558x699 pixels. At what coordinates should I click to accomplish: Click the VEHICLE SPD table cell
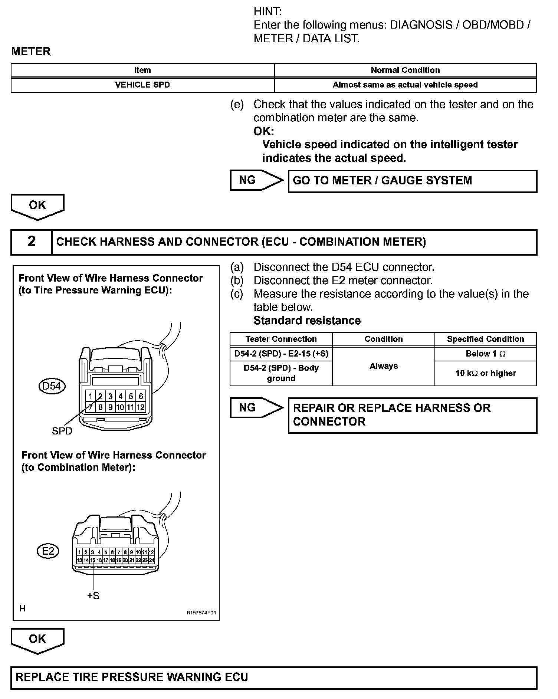point(142,85)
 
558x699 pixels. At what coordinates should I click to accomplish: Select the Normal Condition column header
point(405,70)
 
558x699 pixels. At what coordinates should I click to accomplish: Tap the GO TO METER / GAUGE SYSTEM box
point(412,181)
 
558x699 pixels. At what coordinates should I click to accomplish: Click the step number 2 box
point(32,242)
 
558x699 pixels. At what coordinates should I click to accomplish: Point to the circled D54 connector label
point(52,386)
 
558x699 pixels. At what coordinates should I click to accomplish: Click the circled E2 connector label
point(48,551)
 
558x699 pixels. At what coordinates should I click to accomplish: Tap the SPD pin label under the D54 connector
point(62,431)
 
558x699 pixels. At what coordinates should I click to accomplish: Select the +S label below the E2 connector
point(93,596)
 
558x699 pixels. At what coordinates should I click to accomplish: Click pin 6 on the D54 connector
point(141,396)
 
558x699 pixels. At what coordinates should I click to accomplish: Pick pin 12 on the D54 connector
point(140,407)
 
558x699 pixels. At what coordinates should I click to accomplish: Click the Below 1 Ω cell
point(485,354)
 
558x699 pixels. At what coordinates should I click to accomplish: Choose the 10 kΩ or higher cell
point(485,373)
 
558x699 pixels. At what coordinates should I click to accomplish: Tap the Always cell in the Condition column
point(384,366)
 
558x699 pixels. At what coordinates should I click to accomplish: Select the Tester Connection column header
point(281,339)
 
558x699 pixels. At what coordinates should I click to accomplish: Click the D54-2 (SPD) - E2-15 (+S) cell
point(281,354)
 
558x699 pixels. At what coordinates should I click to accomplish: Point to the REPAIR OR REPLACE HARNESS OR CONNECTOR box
point(412,415)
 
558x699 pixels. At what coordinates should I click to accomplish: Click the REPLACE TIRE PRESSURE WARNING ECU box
point(273,677)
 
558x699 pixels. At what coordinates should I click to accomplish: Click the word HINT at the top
point(267,12)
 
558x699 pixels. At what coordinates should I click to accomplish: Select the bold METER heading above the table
point(31,52)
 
